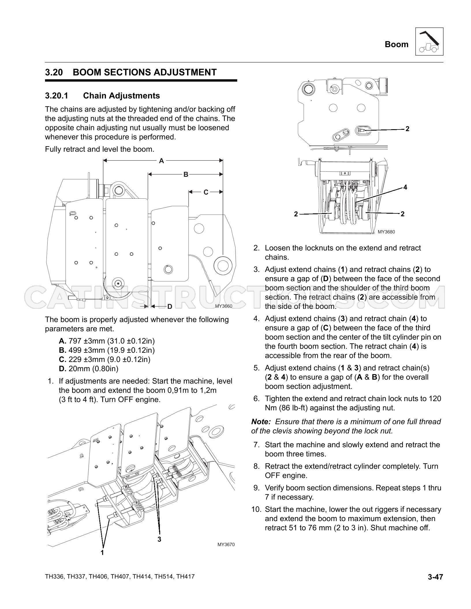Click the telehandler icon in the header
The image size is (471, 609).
pos(429,42)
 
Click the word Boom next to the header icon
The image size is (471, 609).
pos(397,44)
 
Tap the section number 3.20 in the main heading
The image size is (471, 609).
pos(54,72)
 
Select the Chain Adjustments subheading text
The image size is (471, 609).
pos(122,96)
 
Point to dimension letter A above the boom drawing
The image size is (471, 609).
pos(162,161)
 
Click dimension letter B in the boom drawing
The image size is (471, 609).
pos(186,174)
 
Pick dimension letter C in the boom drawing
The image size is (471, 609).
pos(206,192)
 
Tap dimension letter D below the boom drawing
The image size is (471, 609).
pos(170,307)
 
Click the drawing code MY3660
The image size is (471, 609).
pos(224,306)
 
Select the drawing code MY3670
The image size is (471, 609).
pos(226,545)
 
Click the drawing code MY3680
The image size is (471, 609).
pos(386,232)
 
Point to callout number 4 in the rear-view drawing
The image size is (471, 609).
pos(405,187)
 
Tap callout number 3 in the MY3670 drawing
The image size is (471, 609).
pos(159,539)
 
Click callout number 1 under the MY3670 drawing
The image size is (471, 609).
pos(102,552)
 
